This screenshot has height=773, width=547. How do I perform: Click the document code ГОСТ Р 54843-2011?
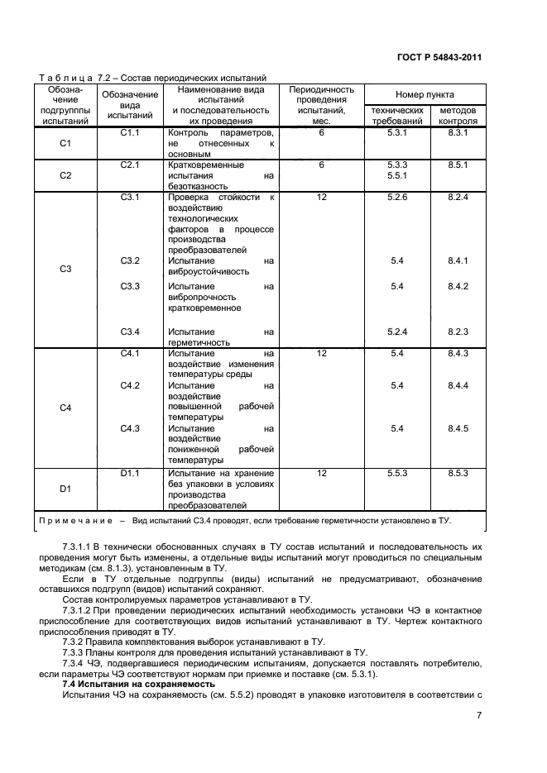tap(439, 58)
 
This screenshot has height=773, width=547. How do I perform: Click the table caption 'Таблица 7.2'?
tap(67, 77)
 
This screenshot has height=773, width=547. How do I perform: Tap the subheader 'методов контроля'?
tap(458, 115)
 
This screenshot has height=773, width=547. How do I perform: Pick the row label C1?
tap(66, 143)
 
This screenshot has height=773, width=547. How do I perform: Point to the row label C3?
tap(66, 269)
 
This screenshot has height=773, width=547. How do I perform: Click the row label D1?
tap(66, 489)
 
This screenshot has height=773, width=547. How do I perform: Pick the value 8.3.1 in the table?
tap(458, 132)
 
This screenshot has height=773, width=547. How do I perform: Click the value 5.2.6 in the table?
tap(397, 198)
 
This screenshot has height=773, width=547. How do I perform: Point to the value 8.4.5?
tap(458, 428)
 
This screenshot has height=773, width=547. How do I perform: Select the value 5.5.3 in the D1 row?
tap(397, 473)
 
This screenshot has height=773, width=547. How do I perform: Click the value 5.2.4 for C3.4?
tap(397, 332)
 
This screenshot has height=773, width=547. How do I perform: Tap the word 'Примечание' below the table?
tap(75, 521)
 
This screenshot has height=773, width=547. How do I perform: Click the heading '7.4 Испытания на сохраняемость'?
tap(128, 685)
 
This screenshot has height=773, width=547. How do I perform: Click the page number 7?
tap(478, 716)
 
